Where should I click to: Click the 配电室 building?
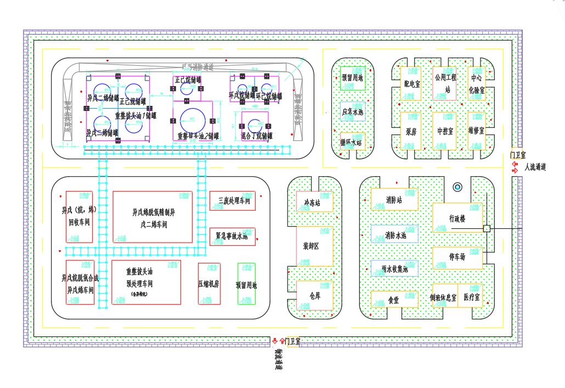[411, 83]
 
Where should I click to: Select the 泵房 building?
[411, 131]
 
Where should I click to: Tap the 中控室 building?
[444, 131]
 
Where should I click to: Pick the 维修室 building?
[476, 131]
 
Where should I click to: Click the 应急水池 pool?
[353, 111]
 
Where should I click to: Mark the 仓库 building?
[314, 295]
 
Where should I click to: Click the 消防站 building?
[394, 200]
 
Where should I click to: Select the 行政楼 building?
[457, 218]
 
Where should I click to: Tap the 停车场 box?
[457, 257]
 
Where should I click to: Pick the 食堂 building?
[394, 300]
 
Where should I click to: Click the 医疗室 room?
[470, 296]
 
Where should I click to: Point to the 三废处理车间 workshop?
[233, 201]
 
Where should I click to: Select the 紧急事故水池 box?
[233, 237]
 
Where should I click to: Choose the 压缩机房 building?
[209, 283]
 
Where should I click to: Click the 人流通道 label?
[535, 167]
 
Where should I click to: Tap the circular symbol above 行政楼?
[457, 188]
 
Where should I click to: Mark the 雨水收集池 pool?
[394, 268]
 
